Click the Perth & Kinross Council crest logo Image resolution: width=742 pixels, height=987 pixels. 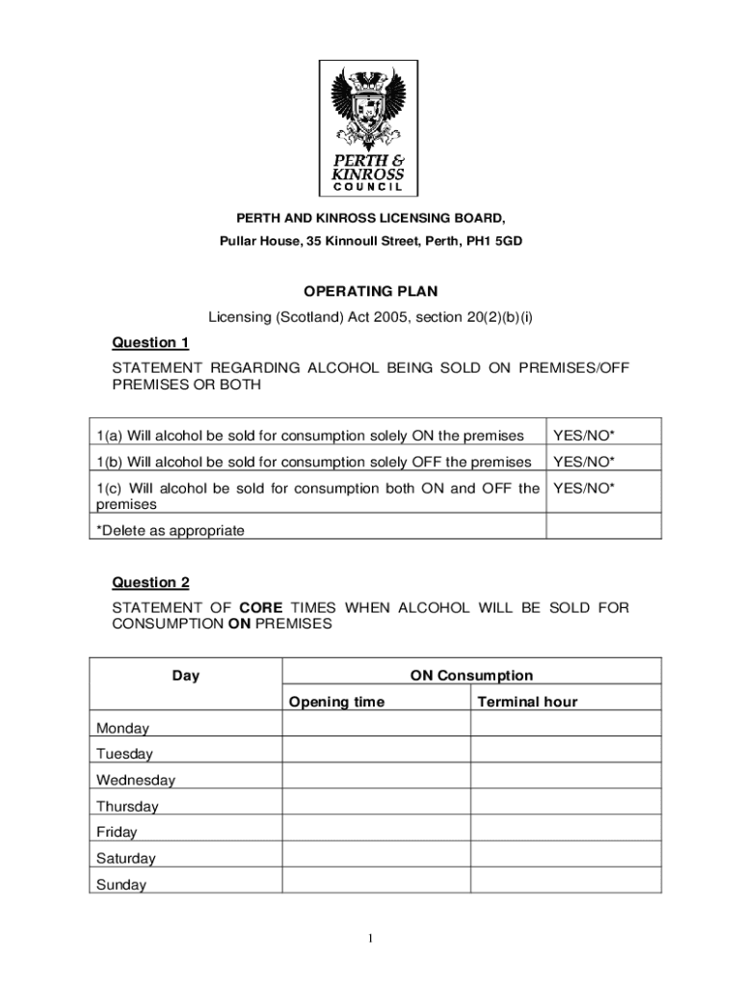pyautogui.click(x=370, y=127)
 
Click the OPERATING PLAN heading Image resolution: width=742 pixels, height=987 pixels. pyautogui.click(x=371, y=291)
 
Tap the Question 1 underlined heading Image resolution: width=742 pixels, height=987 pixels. pyautogui.click(x=151, y=342)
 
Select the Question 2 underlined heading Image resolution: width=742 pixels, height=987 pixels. pyautogui.click(x=151, y=582)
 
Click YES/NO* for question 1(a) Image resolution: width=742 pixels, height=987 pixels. pyautogui.click(x=584, y=436)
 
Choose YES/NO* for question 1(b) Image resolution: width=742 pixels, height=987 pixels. pyautogui.click(x=584, y=462)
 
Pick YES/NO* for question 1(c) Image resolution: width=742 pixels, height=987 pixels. pyautogui.click(x=584, y=488)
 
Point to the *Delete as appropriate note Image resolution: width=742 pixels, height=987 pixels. pyautogui.click(x=171, y=530)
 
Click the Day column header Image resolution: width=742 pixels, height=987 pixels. pyautogui.click(x=186, y=676)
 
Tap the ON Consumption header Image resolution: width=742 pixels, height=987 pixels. pyautogui.click(x=471, y=676)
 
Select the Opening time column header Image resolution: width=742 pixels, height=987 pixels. pyautogui.click(x=336, y=702)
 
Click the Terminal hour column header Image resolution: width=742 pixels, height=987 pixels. pyautogui.click(x=527, y=702)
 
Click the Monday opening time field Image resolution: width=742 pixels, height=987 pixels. pyautogui.click(x=376, y=724)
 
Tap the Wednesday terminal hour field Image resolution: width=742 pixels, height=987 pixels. pyautogui.click(x=566, y=776)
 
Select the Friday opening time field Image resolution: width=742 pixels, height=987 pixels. pyautogui.click(x=376, y=828)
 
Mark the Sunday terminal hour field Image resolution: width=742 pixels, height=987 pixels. pyautogui.click(x=566, y=880)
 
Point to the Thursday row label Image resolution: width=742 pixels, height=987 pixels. pyautogui.click(x=127, y=806)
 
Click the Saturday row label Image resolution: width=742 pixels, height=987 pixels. pyautogui.click(x=125, y=858)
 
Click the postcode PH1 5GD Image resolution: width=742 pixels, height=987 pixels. pyautogui.click(x=495, y=241)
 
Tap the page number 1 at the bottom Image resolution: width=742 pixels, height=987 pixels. pyautogui.click(x=371, y=939)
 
